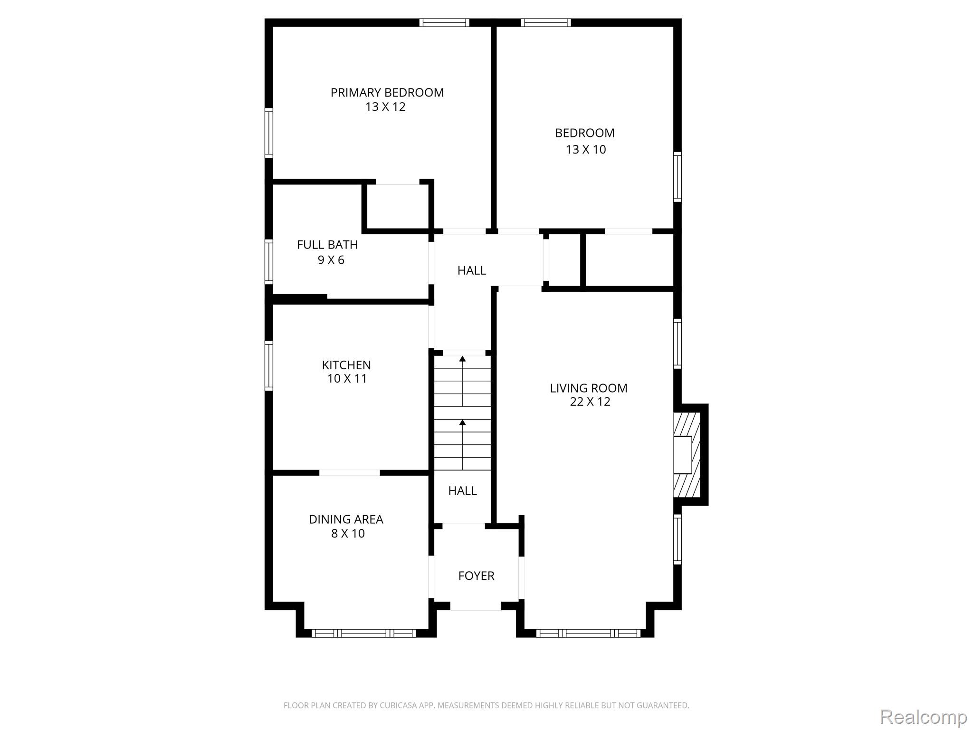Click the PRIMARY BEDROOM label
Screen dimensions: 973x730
387,93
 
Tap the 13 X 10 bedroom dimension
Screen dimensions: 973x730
586,150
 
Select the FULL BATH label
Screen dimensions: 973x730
327,245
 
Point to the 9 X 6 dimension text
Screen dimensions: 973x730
331,260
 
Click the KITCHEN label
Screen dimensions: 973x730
346,365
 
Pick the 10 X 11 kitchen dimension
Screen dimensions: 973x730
347,379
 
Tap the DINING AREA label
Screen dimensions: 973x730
346,519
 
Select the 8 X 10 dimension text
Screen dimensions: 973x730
348,534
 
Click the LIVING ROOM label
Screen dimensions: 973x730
589,388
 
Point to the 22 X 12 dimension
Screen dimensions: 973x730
590,402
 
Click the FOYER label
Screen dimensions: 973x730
476,576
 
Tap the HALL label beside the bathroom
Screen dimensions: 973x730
472,270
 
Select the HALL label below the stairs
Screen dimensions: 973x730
462,491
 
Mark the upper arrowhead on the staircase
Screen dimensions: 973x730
462,358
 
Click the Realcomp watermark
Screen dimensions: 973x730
924,717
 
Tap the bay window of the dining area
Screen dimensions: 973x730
364,633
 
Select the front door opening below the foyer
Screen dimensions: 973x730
476,606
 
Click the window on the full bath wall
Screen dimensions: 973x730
269,262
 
